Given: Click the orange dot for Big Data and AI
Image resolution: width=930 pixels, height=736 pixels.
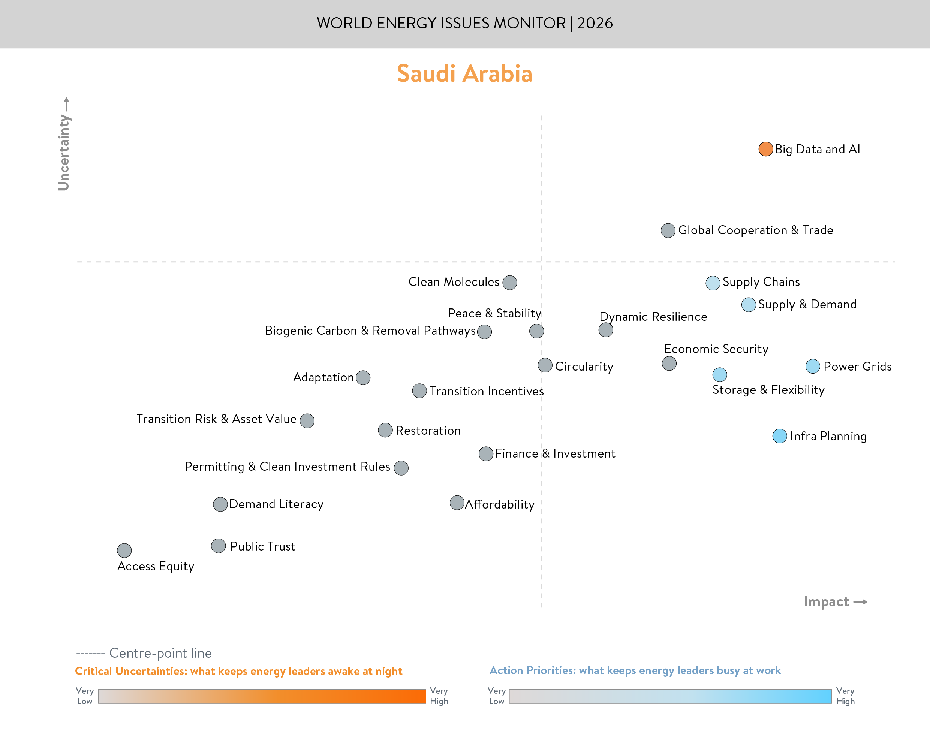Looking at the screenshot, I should click(765, 149).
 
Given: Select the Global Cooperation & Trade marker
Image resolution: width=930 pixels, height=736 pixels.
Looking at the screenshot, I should click(668, 230).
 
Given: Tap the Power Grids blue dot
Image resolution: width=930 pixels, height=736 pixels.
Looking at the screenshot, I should click(813, 366).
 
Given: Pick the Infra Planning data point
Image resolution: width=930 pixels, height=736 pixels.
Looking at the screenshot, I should click(780, 436).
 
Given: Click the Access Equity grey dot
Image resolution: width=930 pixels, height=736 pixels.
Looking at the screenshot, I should click(124, 550).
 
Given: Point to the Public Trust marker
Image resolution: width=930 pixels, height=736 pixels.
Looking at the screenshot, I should click(219, 546).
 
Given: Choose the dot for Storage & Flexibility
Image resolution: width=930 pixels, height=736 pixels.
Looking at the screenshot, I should click(720, 374).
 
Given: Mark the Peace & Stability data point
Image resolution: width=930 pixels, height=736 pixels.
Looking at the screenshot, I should click(536, 331).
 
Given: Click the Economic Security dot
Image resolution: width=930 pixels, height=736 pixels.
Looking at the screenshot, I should click(669, 363).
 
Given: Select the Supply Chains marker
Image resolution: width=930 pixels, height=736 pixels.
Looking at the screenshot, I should click(713, 283).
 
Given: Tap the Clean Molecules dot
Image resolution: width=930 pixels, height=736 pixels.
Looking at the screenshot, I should click(510, 283).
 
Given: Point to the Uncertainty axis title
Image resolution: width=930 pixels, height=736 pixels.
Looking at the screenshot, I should click(64, 153).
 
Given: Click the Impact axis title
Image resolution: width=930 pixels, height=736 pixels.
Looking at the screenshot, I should click(826, 601).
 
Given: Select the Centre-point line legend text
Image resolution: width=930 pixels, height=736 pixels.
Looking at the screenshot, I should click(160, 653).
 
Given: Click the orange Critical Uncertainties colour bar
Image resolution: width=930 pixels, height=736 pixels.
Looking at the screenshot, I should click(262, 696).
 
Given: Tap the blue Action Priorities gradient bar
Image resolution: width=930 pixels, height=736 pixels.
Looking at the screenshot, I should click(670, 696).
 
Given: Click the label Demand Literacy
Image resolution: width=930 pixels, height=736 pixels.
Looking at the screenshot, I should click(276, 504).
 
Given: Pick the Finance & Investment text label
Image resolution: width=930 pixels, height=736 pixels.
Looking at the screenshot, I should click(555, 453).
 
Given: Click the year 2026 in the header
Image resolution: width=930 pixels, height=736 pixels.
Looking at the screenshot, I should click(595, 23).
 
